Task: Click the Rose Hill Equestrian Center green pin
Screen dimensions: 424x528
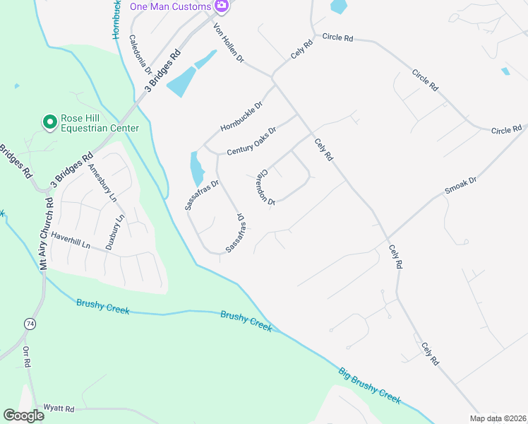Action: (x=50, y=122)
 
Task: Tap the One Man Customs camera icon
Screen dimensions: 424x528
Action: (x=222, y=6)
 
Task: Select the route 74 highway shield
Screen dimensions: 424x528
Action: (x=30, y=324)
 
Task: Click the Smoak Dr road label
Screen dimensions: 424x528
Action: (x=462, y=185)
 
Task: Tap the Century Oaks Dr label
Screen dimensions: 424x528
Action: (x=251, y=141)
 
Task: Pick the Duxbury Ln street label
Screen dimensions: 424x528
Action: (x=115, y=231)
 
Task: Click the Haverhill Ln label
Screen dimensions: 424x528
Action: (x=71, y=245)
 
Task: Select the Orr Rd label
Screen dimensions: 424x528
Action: (x=27, y=357)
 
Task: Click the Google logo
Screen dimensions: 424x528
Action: (x=24, y=416)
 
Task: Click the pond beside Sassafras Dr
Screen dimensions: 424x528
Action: (x=196, y=170)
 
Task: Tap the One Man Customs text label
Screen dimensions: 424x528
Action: (x=170, y=6)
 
